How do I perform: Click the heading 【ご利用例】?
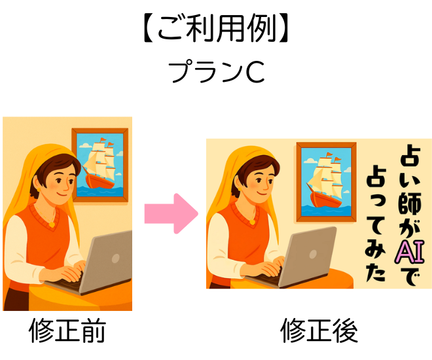pos(216,29)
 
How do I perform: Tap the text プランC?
pos(217,72)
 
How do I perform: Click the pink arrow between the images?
pos(171,213)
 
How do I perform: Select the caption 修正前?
pos(67,331)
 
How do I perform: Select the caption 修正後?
pos(319,331)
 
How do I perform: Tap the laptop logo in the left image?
pos(116,258)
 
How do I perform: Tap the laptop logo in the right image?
pos(313,254)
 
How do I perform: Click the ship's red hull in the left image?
pos(99,181)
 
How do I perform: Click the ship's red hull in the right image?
pos(326,199)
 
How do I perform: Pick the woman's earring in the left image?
pos(39,190)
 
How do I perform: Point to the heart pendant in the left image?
pos(52,225)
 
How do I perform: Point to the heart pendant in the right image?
pos(252,221)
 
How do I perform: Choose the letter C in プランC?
pos(255,72)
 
